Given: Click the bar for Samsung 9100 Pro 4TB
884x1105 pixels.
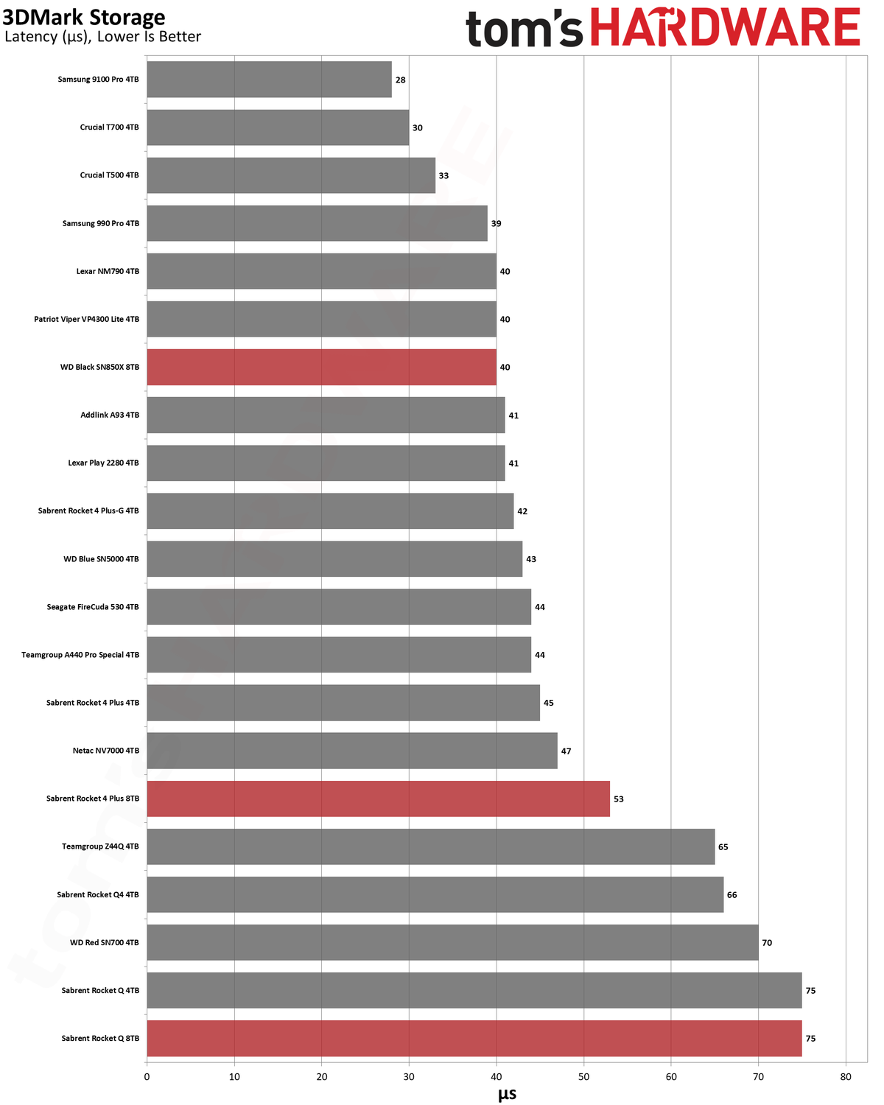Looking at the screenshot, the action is (x=269, y=79).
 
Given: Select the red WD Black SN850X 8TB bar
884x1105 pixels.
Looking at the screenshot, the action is (x=321, y=367).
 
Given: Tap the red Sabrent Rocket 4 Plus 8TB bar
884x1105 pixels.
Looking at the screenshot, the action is (x=378, y=799).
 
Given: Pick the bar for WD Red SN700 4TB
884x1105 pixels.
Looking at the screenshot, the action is (x=452, y=942).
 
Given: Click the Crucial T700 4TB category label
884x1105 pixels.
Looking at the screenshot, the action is (x=109, y=127).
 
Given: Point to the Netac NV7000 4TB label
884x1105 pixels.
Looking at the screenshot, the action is (x=106, y=750).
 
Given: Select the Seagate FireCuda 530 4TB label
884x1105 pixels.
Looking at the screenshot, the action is (x=93, y=606).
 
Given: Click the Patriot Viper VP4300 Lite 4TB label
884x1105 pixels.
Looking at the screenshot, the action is (x=86, y=319).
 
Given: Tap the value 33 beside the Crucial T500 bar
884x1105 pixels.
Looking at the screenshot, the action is (x=443, y=175).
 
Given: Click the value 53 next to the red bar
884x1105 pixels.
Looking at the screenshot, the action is (x=619, y=799).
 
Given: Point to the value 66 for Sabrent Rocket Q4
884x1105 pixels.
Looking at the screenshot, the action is (x=732, y=895).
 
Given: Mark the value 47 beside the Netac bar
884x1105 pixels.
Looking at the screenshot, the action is (x=566, y=751).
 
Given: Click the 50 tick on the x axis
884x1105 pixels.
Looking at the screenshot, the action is (x=583, y=1077).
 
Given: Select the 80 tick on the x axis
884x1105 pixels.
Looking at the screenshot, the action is (x=846, y=1077).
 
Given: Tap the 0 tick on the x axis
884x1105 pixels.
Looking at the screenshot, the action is (x=147, y=1077).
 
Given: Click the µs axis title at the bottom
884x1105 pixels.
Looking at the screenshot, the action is (x=507, y=1095).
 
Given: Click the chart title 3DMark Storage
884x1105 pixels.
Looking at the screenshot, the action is (x=84, y=18).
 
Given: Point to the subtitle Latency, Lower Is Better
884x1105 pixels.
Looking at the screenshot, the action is (x=102, y=37).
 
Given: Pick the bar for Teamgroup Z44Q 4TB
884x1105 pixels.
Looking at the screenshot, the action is (x=430, y=846).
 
